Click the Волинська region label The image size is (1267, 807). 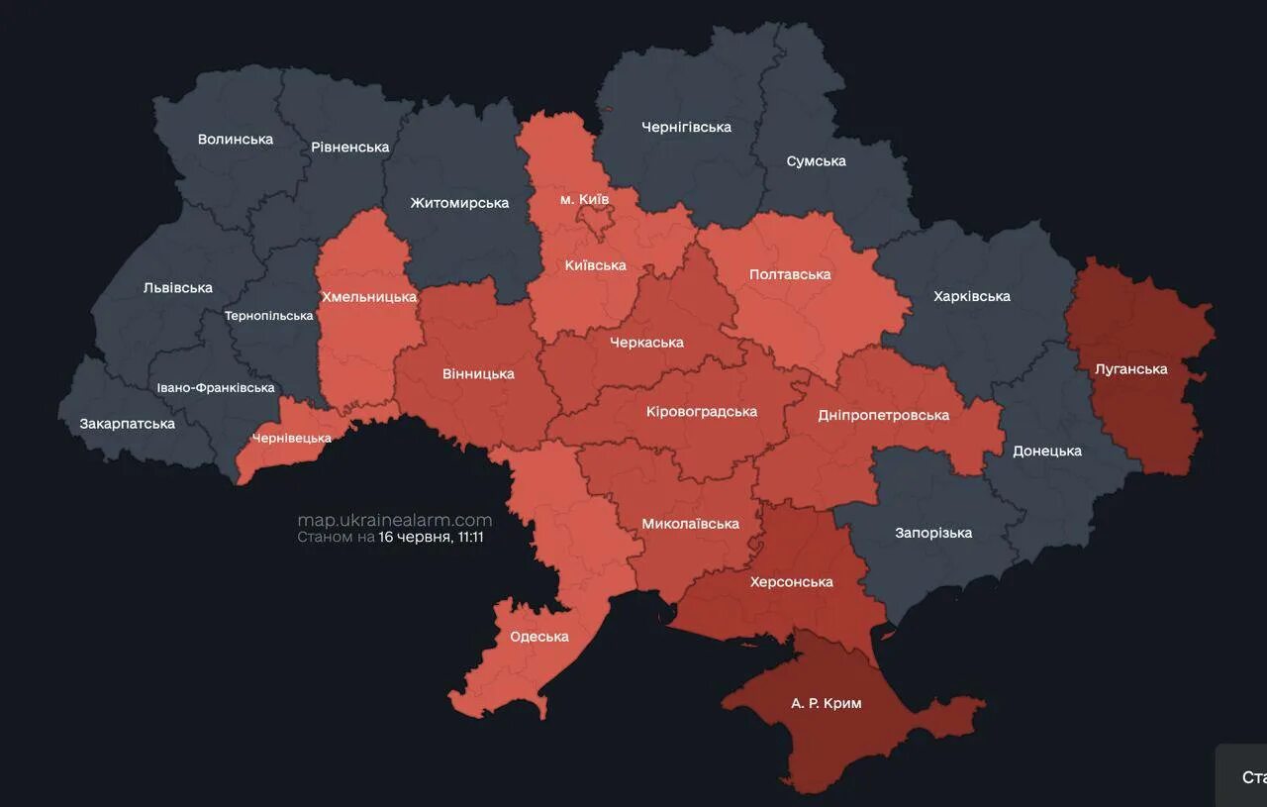coord(235,139)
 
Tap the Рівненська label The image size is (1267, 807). coord(349,147)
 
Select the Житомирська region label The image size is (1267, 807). coord(459,203)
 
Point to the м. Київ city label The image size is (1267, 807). coord(584,200)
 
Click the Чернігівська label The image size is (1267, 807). coord(686,127)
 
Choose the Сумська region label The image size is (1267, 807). coord(816,160)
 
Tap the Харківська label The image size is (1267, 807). coord(971,296)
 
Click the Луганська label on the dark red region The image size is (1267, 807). coord(1130,369)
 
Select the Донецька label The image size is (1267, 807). coord(1046,451)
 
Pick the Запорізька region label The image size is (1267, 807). coord(932,533)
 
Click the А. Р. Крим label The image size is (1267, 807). coord(826,703)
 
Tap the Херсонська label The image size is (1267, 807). coord(791,581)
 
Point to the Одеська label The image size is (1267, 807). coord(538,637)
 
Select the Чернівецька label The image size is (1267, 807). coord(291,438)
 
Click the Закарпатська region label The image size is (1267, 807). coord(127,424)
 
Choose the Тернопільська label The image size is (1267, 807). coord(268,316)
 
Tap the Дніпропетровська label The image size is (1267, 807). coord(883,415)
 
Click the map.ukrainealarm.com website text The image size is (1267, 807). coord(394,520)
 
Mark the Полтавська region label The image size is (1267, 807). coord(789,274)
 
